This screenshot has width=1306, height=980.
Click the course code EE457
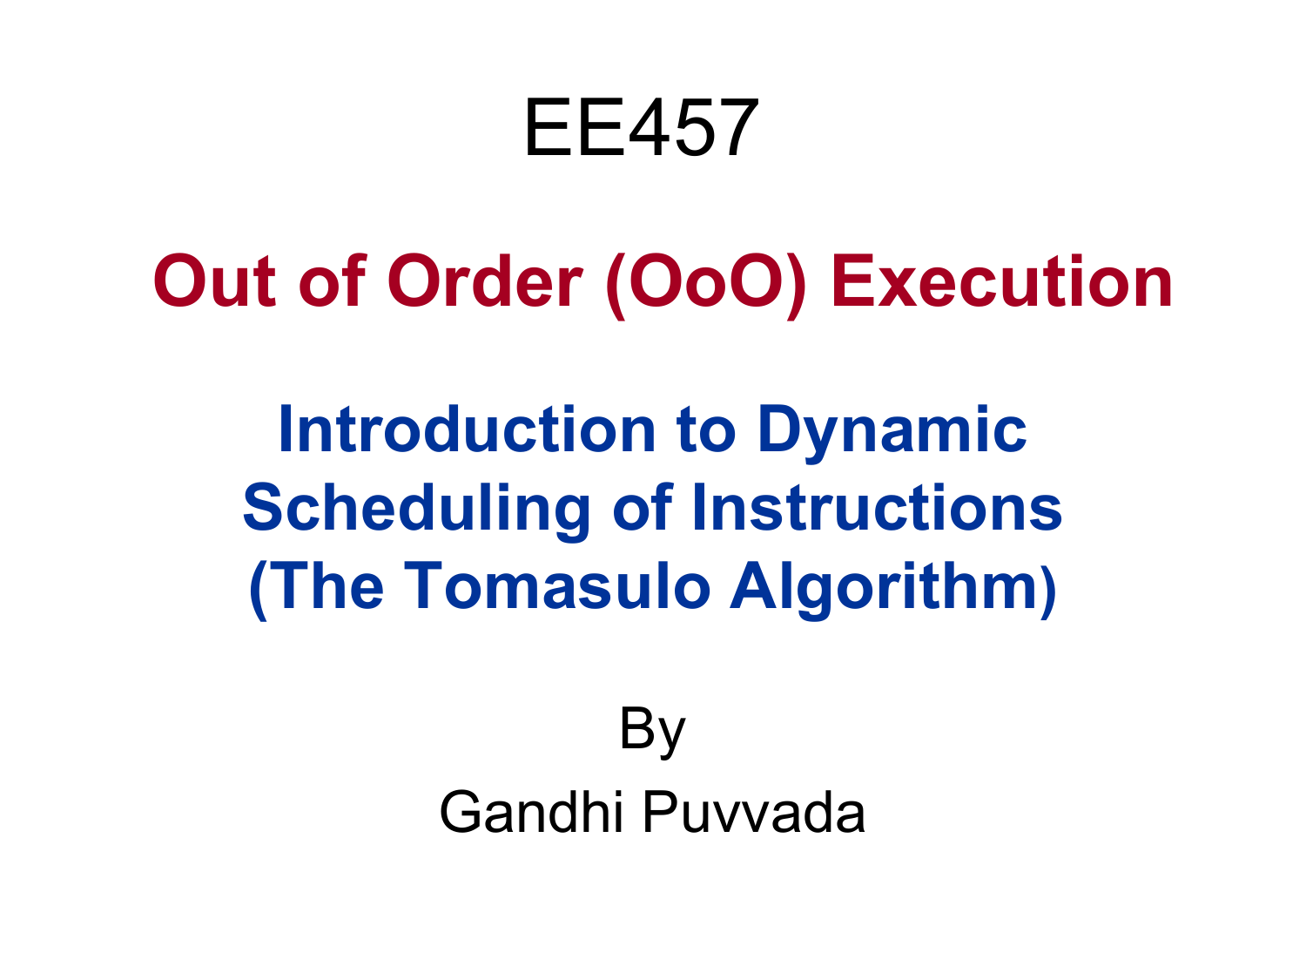click(x=642, y=127)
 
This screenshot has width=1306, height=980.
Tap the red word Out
click(x=214, y=280)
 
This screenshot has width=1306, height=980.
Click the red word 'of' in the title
click(x=332, y=280)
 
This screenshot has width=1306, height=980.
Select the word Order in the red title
click(x=485, y=280)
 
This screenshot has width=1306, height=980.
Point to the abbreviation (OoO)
click(x=706, y=285)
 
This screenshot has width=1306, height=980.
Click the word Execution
click(x=1002, y=280)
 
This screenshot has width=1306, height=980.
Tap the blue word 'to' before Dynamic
click(x=706, y=430)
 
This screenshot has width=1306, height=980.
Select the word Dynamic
click(x=892, y=435)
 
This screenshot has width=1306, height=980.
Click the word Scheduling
click(x=416, y=510)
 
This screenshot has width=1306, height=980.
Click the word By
click(x=653, y=731)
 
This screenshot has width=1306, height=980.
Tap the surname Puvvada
click(x=754, y=812)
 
